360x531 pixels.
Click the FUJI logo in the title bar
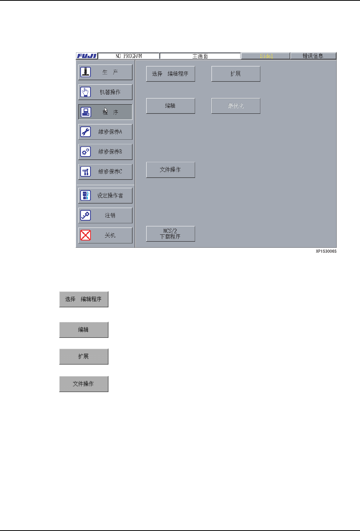[87, 56]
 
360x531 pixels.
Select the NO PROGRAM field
[129, 56]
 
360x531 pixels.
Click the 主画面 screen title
[200, 56]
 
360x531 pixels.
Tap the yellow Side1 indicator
[266, 56]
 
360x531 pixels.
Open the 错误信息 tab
[313, 56]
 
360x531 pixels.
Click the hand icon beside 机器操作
[86, 92]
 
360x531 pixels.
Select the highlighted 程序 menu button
[105, 112]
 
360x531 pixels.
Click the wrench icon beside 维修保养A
[86, 132]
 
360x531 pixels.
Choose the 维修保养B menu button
[105, 152]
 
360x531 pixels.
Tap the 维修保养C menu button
[105, 171]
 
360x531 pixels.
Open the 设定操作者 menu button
[105, 195]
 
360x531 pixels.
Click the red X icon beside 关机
[86, 235]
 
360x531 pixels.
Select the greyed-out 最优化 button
[236, 106]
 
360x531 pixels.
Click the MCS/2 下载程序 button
[170, 234]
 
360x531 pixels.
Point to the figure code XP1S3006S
[326, 252]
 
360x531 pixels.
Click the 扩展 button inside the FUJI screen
[236, 74]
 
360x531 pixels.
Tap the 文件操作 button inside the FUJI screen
[170, 170]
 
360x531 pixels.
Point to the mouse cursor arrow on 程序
[106, 110]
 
